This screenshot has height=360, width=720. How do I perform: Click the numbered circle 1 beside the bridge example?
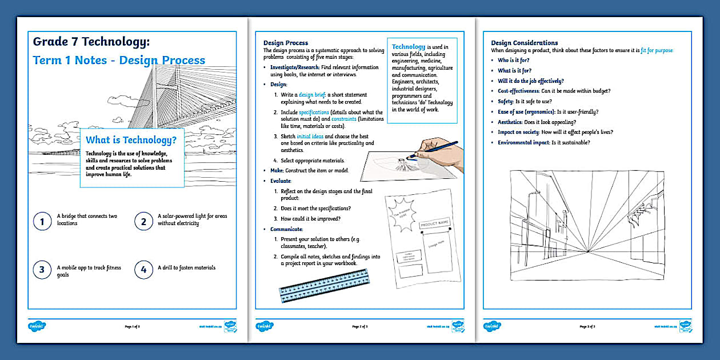coord(42,221)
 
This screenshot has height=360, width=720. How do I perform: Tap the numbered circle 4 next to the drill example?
coord(143,269)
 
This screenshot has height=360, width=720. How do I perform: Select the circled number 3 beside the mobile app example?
coord(42,269)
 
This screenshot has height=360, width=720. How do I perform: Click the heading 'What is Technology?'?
coord(131,140)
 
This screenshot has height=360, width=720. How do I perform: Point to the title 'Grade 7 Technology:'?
coord(91,41)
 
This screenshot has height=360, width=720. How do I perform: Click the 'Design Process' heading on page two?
coord(285,43)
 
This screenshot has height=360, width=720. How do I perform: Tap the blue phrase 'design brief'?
coord(314,95)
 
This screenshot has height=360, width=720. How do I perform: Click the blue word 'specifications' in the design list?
coord(314,113)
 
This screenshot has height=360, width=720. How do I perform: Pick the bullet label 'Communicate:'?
coord(287,229)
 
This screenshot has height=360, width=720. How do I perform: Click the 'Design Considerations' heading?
coord(524,43)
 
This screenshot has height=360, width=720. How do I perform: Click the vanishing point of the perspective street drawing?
coord(587,252)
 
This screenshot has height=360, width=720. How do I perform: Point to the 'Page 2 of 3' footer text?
coord(360,327)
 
